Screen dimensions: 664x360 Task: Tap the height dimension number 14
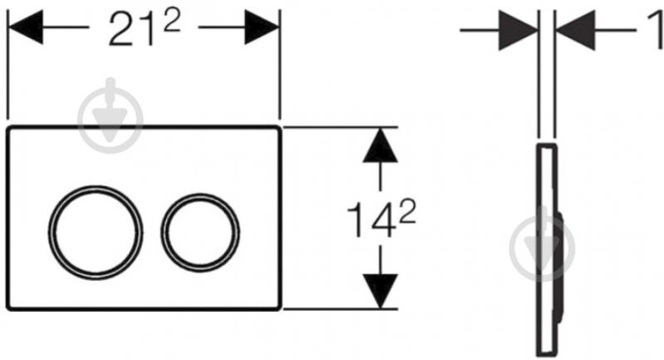point(371,221)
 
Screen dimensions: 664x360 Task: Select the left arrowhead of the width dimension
point(26,27)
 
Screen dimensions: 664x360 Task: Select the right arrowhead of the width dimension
point(262,27)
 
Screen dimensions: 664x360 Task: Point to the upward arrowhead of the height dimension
point(381,145)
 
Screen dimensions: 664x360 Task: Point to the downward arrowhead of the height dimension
point(381,291)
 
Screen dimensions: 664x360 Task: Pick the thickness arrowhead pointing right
point(519,30)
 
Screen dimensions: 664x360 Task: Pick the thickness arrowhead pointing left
point(575,30)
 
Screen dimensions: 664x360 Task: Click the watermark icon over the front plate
point(111,116)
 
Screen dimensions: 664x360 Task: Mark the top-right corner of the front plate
point(279,127)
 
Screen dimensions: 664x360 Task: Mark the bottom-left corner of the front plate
point(7,309)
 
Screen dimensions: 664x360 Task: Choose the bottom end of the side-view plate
point(546,355)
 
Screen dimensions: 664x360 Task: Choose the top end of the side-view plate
point(546,145)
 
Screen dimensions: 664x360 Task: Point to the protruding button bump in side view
point(560,267)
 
